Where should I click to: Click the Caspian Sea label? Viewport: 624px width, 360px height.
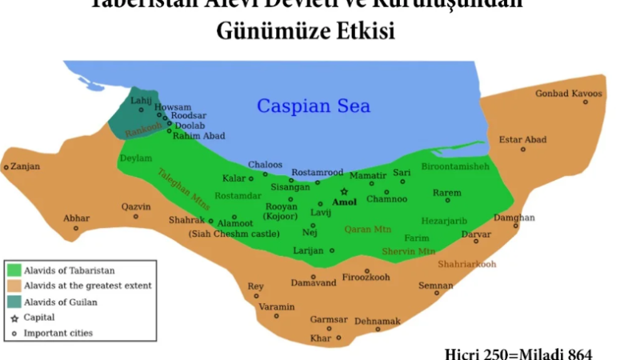314,106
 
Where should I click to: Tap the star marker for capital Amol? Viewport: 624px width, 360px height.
345,191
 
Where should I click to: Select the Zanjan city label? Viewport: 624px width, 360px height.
24,167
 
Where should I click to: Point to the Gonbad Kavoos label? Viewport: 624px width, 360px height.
569,93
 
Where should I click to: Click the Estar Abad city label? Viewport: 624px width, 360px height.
522,140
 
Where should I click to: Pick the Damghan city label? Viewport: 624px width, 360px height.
514,218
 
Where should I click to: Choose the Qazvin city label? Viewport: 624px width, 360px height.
136,206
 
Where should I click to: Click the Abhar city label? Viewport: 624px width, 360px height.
77,218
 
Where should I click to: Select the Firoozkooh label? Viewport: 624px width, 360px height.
367,278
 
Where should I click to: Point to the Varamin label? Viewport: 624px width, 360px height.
276,307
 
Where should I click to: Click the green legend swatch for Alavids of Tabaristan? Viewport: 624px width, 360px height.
14,270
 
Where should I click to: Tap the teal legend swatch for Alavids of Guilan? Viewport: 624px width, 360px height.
14,301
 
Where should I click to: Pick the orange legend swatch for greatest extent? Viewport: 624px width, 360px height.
14,286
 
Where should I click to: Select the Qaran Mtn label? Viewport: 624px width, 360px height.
368,230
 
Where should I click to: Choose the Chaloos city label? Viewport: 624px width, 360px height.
265,165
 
